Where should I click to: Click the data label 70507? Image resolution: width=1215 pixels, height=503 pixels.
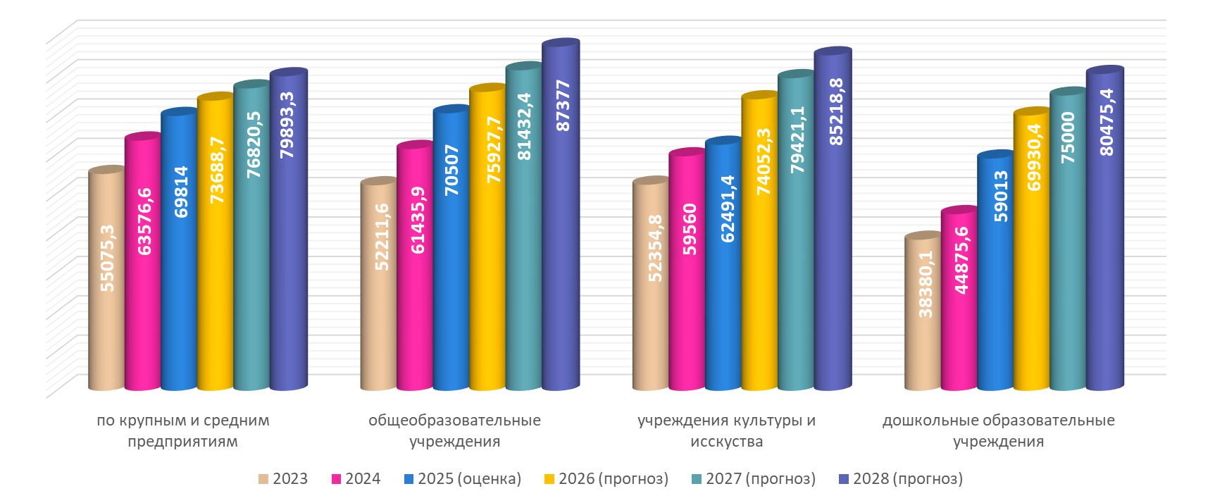tap(452, 170)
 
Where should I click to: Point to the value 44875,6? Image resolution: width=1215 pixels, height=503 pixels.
tap(961, 260)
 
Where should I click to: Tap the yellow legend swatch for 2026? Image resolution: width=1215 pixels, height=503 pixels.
tap(549, 479)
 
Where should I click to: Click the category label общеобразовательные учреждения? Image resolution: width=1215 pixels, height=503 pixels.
tap(454, 431)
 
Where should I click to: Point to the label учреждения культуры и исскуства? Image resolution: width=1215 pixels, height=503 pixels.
tap(726, 431)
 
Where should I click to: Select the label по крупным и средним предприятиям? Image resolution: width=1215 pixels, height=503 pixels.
tap(182, 431)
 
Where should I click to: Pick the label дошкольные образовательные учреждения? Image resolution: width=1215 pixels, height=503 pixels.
tap(998, 431)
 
